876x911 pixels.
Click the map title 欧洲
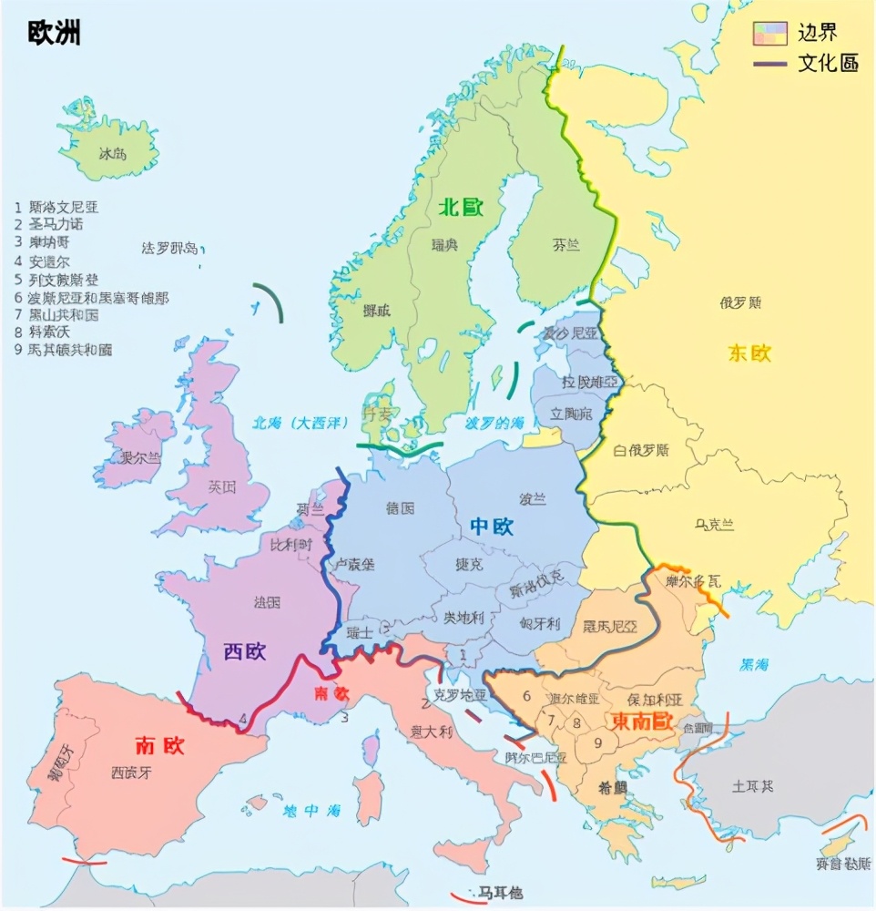pos(54,35)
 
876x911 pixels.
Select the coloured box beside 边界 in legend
pos(769,34)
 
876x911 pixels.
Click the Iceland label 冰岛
pos(113,154)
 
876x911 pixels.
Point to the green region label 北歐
pos(460,208)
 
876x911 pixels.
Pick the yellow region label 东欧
pos(749,353)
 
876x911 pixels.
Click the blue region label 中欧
pos(492,527)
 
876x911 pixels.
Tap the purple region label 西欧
pos(245,651)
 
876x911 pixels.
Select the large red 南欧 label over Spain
pos(159,745)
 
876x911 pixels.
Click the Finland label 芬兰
pos(565,244)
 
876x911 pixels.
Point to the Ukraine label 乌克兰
pos(714,525)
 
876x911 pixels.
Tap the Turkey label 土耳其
pos(752,785)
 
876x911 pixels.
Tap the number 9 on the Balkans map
pos(597,742)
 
